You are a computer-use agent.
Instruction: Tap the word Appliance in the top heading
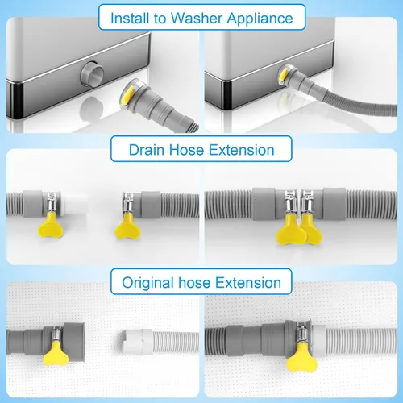pos(260,19)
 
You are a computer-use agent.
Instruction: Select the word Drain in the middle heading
pos(147,150)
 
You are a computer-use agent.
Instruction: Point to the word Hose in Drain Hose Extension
pos(187,150)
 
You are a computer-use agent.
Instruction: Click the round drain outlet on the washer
pos(93,73)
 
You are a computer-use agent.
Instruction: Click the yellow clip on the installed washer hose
pos(284,75)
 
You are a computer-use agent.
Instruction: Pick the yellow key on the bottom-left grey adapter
pos(56,353)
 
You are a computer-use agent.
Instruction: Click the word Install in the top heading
pos(130,19)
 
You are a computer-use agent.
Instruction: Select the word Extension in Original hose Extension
pos(248,283)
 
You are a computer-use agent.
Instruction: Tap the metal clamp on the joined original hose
pos(302,334)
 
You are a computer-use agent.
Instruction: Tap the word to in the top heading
pos(160,19)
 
